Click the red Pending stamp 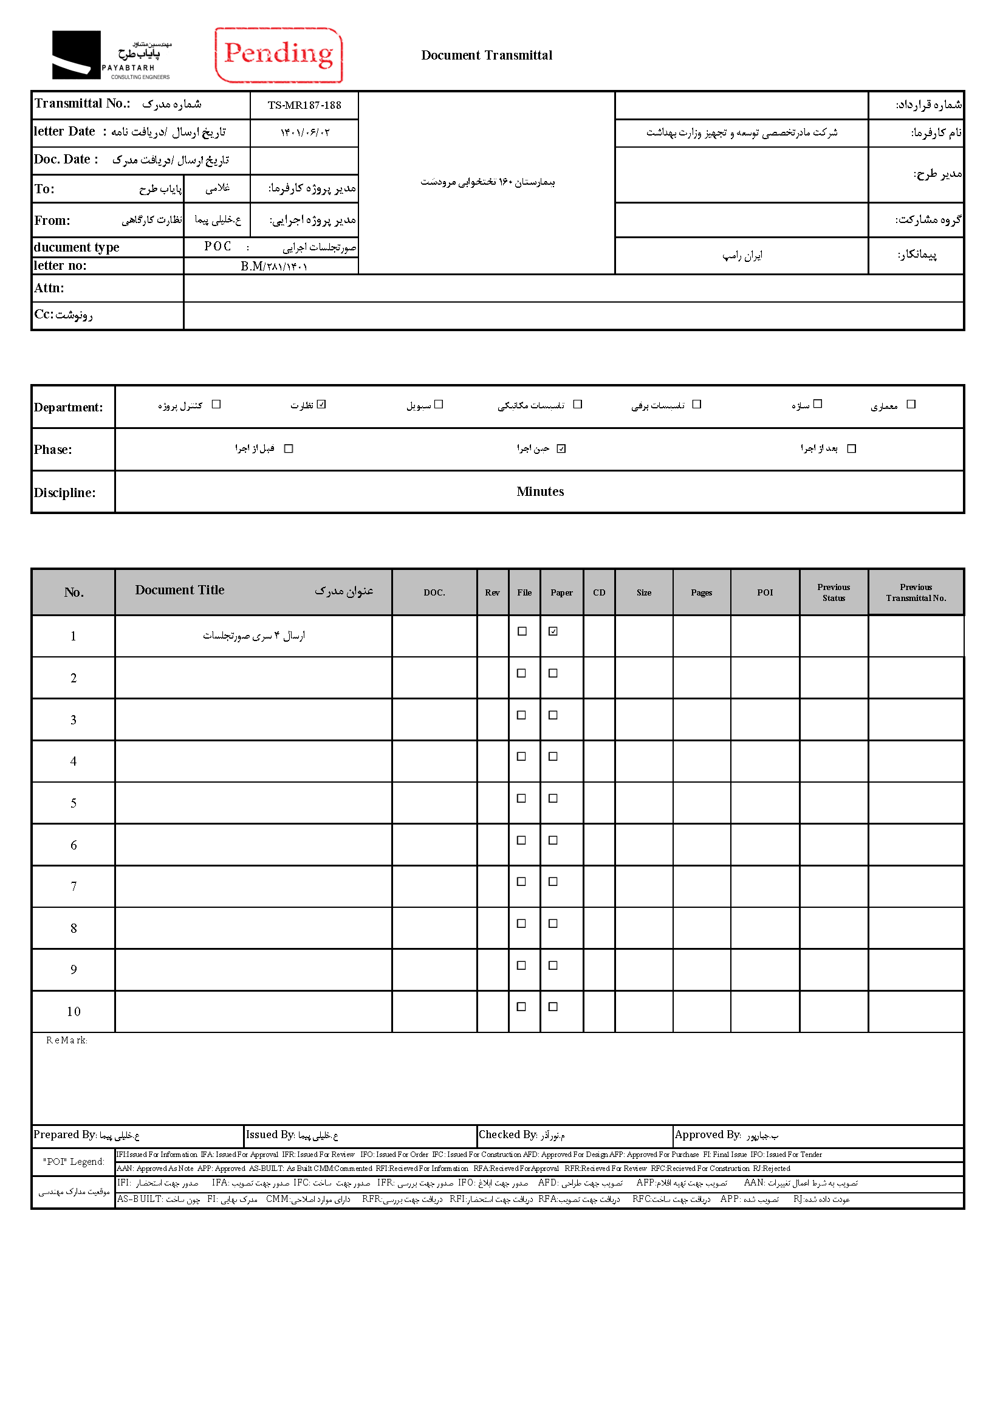(278, 55)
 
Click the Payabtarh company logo (111, 55)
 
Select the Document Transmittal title (487, 55)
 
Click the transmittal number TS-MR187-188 (304, 105)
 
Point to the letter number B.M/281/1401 (273, 266)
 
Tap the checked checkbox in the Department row (321, 405)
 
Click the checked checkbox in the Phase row (561, 448)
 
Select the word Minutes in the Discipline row (540, 492)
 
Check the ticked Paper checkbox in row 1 (553, 631)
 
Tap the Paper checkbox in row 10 (553, 1007)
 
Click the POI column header (765, 592)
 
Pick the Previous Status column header (833, 592)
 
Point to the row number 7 (74, 887)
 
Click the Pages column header (701, 592)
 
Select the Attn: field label (49, 288)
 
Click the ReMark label (66, 1040)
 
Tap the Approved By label (708, 1134)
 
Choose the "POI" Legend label (74, 1161)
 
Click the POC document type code (218, 246)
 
